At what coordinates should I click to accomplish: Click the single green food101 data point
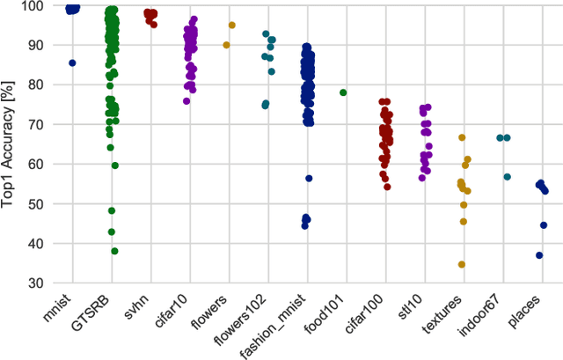click(x=343, y=92)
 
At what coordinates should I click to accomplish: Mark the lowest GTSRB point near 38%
click(x=114, y=251)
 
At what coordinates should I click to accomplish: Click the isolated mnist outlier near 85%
click(x=72, y=63)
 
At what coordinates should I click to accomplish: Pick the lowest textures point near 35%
click(x=461, y=264)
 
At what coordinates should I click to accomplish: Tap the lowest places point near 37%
click(x=539, y=255)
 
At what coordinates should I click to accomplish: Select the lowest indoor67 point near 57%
click(x=508, y=177)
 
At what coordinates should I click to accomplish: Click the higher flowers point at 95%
click(x=232, y=26)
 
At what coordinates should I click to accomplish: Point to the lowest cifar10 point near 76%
click(x=186, y=101)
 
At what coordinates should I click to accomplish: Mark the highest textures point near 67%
click(x=462, y=137)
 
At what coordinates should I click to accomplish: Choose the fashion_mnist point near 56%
click(x=309, y=179)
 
